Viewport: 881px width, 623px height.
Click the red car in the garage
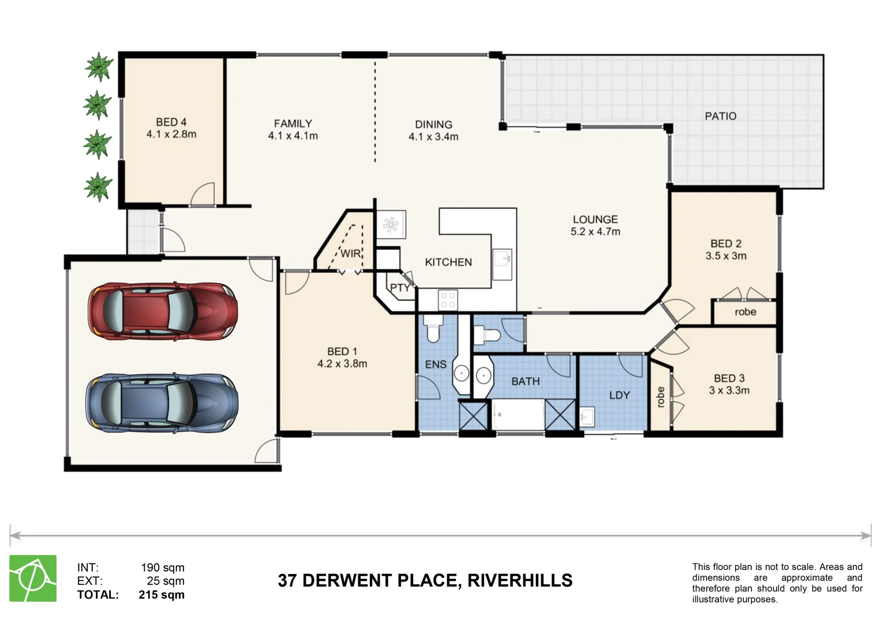click(162, 311)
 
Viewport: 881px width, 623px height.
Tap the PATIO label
click(720, 116)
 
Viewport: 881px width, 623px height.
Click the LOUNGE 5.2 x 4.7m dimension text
click(595, 232)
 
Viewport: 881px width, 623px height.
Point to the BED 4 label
click(171, 122)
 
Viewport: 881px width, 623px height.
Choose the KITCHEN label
click(448, 262)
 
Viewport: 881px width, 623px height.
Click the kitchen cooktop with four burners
click(448, 300)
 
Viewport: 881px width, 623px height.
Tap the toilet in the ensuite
click(433, 331)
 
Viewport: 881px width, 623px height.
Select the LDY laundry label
click(619, 395)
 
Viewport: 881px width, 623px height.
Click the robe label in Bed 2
click(745, 312)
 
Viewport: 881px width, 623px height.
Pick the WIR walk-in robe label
click(350, 253)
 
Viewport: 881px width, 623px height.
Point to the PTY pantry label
click(399, 287)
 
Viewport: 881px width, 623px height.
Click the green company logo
click(33, 578)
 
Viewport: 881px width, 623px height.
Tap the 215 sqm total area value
click(162, 595)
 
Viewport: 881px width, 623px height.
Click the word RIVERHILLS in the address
click(519, 580)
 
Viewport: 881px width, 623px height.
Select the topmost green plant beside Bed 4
click(99, 67)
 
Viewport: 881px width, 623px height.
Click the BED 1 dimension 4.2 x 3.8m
click(342, 364)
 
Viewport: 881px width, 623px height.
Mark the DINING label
click(433, 125)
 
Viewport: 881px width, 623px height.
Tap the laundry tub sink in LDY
click(587, 416)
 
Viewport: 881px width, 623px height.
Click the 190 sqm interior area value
click(163, 568)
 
